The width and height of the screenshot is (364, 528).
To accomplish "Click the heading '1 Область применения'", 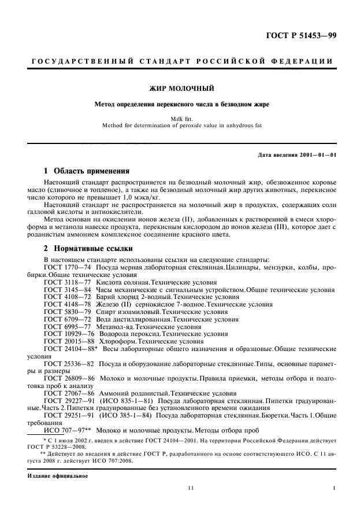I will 87,171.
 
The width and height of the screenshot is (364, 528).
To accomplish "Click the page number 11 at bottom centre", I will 190,489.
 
